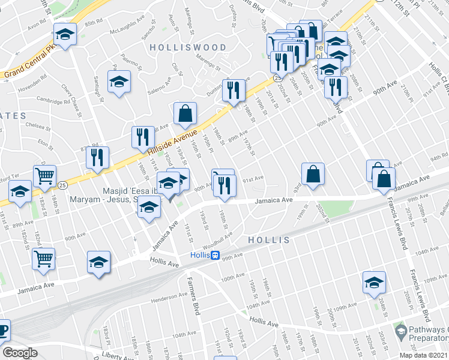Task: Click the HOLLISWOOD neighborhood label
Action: [188, 47]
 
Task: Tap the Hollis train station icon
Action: [214, 255]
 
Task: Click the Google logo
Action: [20, 353]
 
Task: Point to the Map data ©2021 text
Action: [424, 355]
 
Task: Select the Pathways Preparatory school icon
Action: [400, 331]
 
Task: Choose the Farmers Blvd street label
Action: [196, 298]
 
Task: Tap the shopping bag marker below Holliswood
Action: [185, 112]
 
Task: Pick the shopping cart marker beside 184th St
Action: [45, 175]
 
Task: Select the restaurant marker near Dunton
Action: [234, 89]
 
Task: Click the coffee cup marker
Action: [3, 330]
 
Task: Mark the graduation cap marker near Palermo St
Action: [119, 80]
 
